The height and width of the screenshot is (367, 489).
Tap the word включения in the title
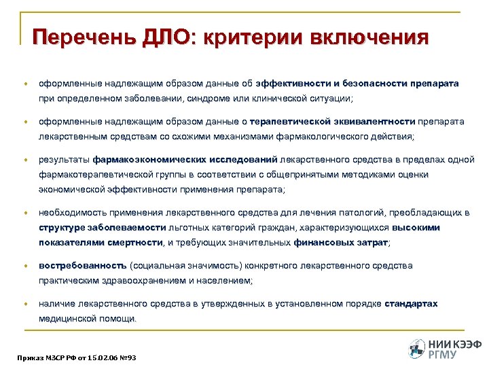[368, 36]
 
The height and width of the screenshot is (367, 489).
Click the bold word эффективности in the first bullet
[293, 84]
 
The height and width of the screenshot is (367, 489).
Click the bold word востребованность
[82, 266]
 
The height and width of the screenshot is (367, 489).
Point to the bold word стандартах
[412, 304]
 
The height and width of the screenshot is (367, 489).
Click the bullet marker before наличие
[26, 304]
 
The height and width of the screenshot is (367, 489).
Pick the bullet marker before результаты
[26, 160]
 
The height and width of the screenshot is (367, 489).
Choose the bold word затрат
[372, 242]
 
